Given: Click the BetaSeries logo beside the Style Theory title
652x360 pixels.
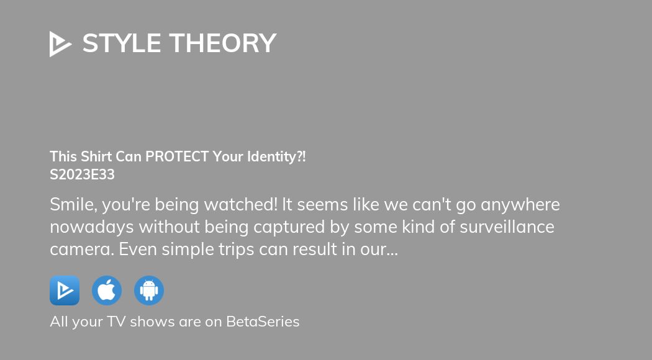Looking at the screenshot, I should tap(60, 43).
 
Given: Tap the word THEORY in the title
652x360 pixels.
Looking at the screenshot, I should tap(222, 43).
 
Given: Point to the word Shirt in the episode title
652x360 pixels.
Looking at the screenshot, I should tap(94, 157).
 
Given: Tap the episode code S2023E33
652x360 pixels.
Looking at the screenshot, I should tap(82, 175).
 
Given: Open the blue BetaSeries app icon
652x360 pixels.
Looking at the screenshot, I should tap(65, 290).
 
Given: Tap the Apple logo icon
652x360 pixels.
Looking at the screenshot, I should tap(107, 290).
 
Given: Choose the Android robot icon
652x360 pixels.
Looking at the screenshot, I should tap(149, 290).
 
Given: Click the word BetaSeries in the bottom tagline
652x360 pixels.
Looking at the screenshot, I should tap(263, 322).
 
